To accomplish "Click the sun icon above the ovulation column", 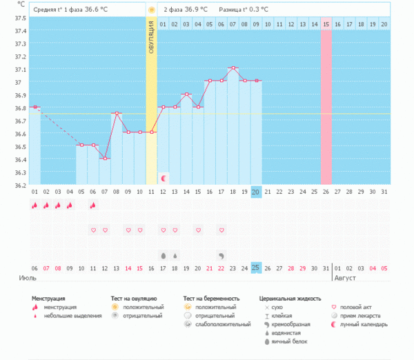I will click(x=152, y=10).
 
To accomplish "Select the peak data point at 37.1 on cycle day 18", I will click(x=234, y=68).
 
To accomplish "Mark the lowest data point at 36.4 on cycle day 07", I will click(x=105, y=158).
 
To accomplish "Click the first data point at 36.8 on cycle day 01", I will click(x=34, y=107).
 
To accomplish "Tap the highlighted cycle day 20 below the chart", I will click(x=256, y=191).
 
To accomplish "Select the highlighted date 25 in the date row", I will click(x=256, y=268).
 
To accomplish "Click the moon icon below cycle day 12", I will click(x=164, y=178).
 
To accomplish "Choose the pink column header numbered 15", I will click(x=326, y=24).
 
